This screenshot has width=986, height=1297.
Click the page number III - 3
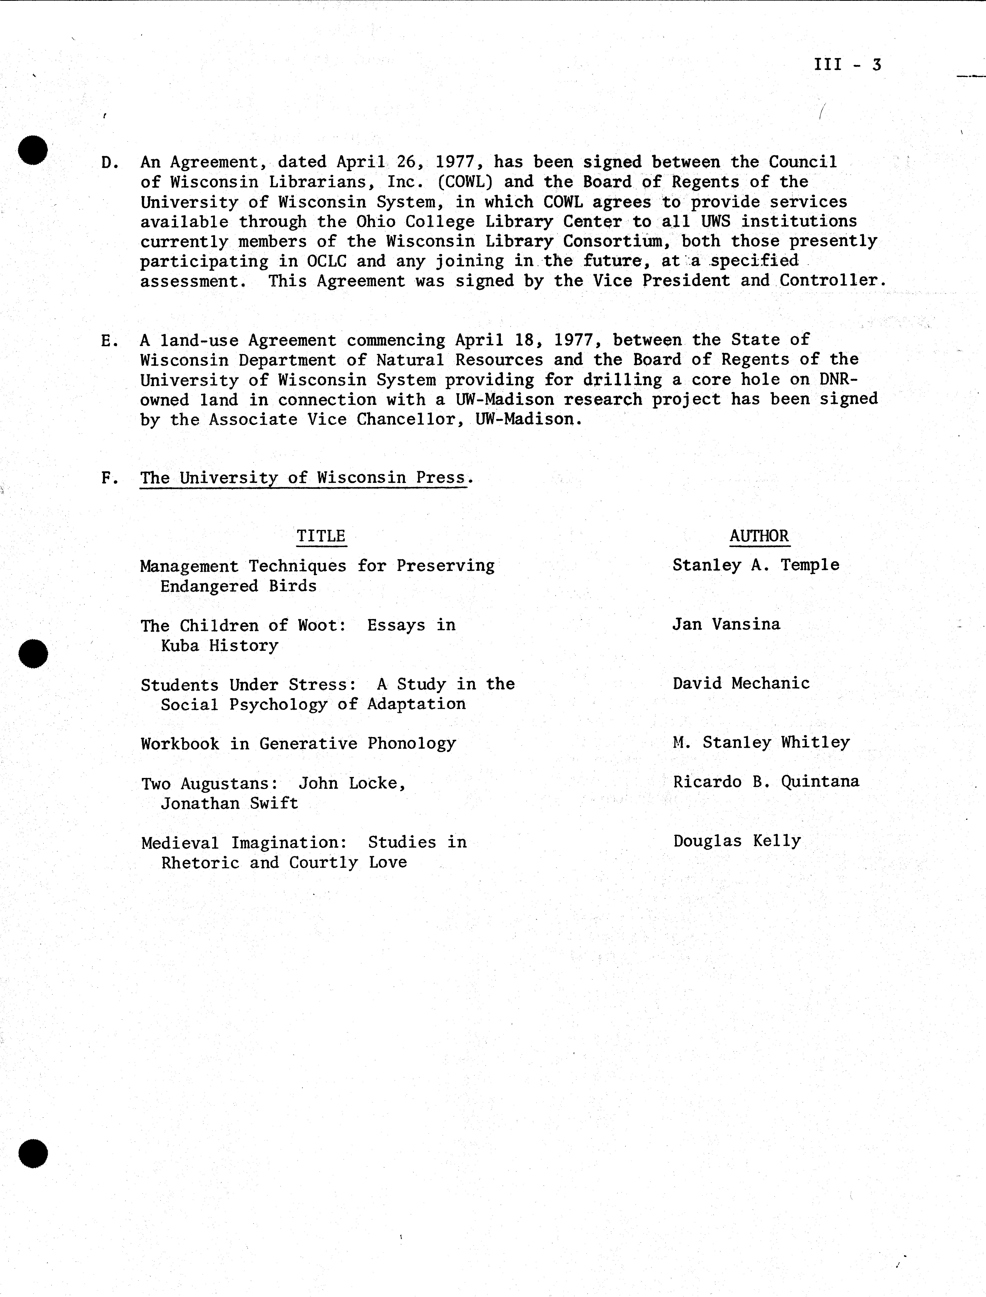pyautogui.click(x=848, y=65)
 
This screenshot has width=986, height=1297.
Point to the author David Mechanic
pyautogui.click(x=741, y=683)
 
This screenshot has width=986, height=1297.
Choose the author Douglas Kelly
pyautogui.click(x=737, y=841)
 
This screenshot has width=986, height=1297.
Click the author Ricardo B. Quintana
pyautogui.click(x=766, y=782)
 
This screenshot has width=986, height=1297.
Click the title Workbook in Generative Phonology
pyautogui.click(x=298, y=744)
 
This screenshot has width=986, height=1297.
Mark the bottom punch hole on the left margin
pyautogui.click(x=33, y=1153)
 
